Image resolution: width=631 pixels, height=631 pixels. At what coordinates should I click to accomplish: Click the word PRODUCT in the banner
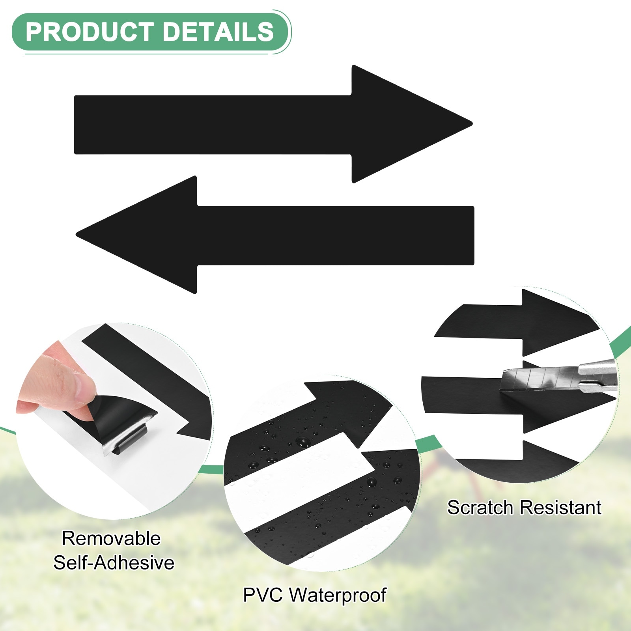click(90, 32)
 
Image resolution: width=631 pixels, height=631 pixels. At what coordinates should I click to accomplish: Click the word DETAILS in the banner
click(218, 32)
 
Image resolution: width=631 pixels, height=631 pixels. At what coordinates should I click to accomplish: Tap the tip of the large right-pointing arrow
click(472, 124)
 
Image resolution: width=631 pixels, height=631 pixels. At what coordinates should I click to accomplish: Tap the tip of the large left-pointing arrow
click(77, 235)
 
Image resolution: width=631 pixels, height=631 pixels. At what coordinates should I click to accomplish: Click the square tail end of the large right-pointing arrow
click(75, 125)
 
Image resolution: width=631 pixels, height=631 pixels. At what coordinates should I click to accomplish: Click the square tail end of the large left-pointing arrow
click(473, 235)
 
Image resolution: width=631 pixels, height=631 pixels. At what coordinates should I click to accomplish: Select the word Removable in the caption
click(111, 538)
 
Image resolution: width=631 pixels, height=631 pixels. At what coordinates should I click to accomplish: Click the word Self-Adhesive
click(114, 562)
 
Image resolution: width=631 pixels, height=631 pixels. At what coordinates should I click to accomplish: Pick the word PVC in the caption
click(263, 595)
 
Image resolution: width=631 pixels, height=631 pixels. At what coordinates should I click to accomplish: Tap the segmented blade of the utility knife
click(540, 379)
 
